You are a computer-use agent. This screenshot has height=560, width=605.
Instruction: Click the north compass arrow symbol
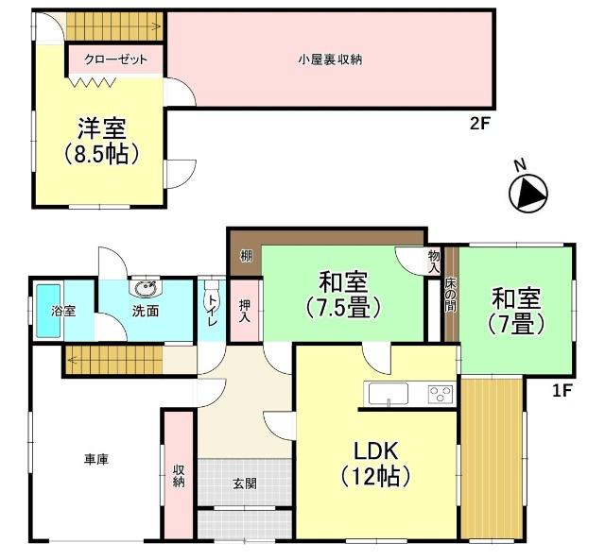click(x=527, y=194)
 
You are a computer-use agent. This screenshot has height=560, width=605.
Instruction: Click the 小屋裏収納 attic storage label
click(x=330, y=59)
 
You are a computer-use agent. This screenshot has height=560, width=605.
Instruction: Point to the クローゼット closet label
click(x=116, y=59)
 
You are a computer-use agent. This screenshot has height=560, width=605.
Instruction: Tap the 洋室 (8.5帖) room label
click(x=102, y=141)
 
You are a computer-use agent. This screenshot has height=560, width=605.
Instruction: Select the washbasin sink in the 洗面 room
click(x=146, y=288)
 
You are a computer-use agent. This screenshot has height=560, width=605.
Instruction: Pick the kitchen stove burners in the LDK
click(x=440, y=394)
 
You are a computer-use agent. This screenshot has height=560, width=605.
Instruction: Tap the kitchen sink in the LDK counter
click(x=388, y=394)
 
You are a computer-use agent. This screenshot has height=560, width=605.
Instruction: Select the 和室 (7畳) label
click(x=516, y=312)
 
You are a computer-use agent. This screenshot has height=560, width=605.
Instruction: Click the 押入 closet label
click(x=245, y=310)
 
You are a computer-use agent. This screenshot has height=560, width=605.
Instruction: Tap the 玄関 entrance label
click(x=244, y=484)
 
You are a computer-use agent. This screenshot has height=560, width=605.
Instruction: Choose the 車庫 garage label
click(x=95, y=460)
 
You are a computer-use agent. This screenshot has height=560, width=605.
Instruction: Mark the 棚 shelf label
click(x=246, y=255)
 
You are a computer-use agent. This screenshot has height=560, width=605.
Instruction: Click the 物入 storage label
click(x=434, y=262)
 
